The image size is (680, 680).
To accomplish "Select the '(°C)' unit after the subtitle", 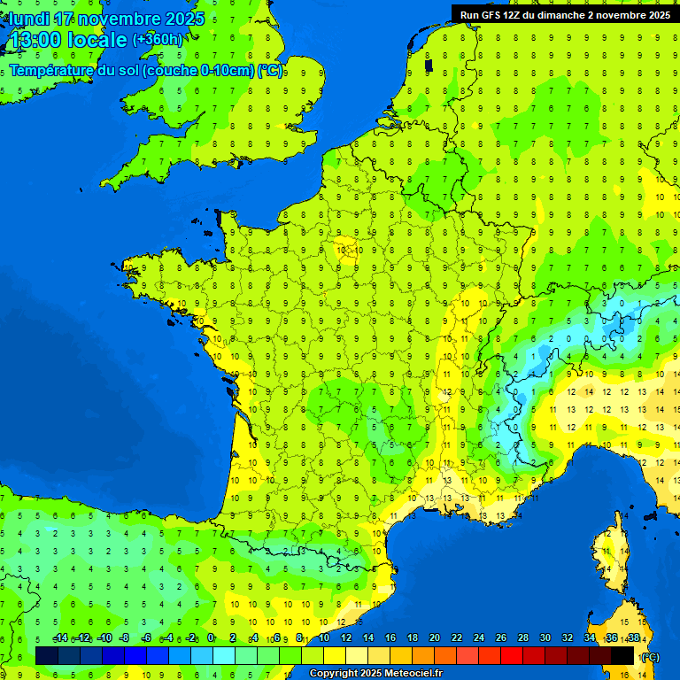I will (x=270, y=71).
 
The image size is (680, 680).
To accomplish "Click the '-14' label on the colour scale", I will (x=61, y=638).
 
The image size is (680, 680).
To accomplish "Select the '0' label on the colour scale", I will (x=211, y=638).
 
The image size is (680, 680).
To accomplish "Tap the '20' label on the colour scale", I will (x=435, y=638).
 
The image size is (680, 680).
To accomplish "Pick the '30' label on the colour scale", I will (x=545, y=638).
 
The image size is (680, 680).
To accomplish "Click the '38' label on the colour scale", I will (x=634, y=638).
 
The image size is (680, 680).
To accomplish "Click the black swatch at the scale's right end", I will (x=622, y=655).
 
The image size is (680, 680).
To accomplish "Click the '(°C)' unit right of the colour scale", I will (x=650, y=657).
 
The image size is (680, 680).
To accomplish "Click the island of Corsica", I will (x=607, y=558).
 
